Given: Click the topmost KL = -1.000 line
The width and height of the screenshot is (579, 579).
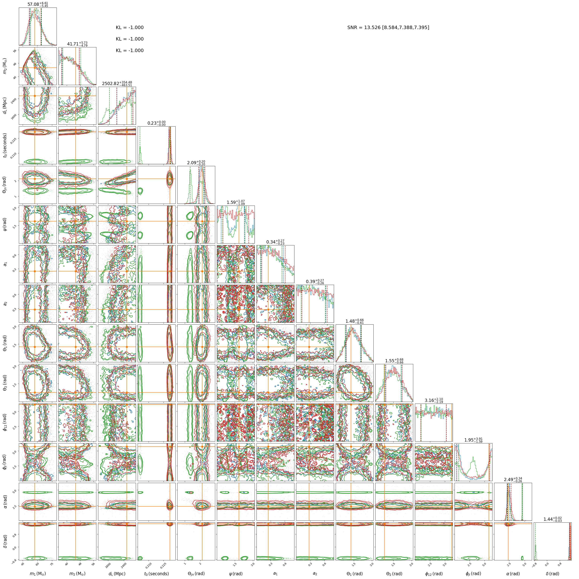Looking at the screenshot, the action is tap(130, 28).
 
